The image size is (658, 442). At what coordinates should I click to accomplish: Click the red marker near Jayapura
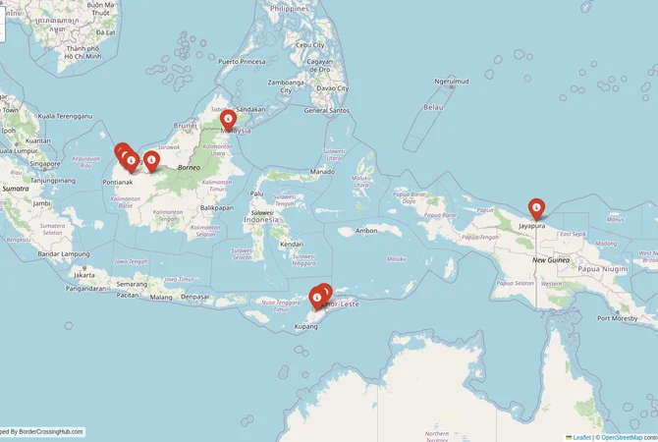click(x=536, y=208)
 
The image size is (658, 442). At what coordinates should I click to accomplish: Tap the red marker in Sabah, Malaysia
click(x=228, y=120)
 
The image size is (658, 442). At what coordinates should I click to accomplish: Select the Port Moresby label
click(x=618, y=318)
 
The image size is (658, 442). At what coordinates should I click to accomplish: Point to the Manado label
click(x=322, y=172)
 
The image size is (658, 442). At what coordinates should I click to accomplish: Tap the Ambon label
click(x=366, y=231)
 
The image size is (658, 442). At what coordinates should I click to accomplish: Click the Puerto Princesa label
click(x=243, y=62)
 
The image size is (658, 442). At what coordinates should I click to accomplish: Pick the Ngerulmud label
click(x=452, y=82)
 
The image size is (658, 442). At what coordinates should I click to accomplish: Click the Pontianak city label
click(x=118, y=182)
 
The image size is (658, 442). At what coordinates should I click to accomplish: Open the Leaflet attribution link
click(x=579, y=437)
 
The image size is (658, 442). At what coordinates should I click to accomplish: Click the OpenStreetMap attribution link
click(x=622, y=437)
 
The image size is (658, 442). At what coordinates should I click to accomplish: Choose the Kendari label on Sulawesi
click(x=291, y=243)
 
